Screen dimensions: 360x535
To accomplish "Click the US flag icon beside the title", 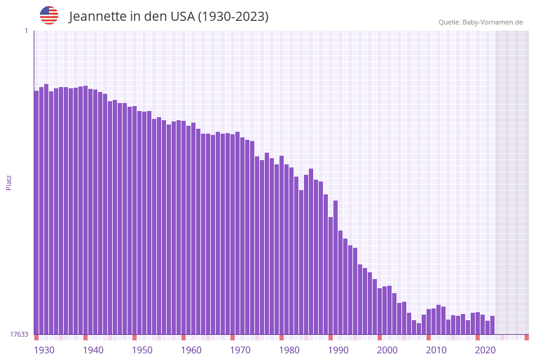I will coord(49,15).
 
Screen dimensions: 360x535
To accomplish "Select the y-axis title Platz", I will coord(9,182).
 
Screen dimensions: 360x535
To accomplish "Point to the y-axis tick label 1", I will coord(26,31).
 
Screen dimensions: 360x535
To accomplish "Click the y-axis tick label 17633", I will coord(19,334).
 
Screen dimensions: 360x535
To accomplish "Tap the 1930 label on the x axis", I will coord(44,350).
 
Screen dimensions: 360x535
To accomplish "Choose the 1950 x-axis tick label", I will coord(142,350).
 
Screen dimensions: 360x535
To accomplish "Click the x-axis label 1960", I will coord(191,350).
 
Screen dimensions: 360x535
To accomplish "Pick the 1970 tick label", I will coord(240,350).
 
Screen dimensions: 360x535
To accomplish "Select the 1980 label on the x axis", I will coord(289,350).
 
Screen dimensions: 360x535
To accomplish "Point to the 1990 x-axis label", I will coord(338,350).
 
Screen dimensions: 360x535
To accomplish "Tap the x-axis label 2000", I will coord(387,350).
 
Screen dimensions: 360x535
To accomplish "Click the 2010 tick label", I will coord(436,350).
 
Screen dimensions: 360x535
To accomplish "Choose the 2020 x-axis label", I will coord(485,350).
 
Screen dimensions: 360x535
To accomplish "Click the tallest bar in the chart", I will coord(46,209).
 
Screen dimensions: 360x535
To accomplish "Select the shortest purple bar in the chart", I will coord(419,329).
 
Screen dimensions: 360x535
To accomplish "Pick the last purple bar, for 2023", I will coord(492,325).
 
